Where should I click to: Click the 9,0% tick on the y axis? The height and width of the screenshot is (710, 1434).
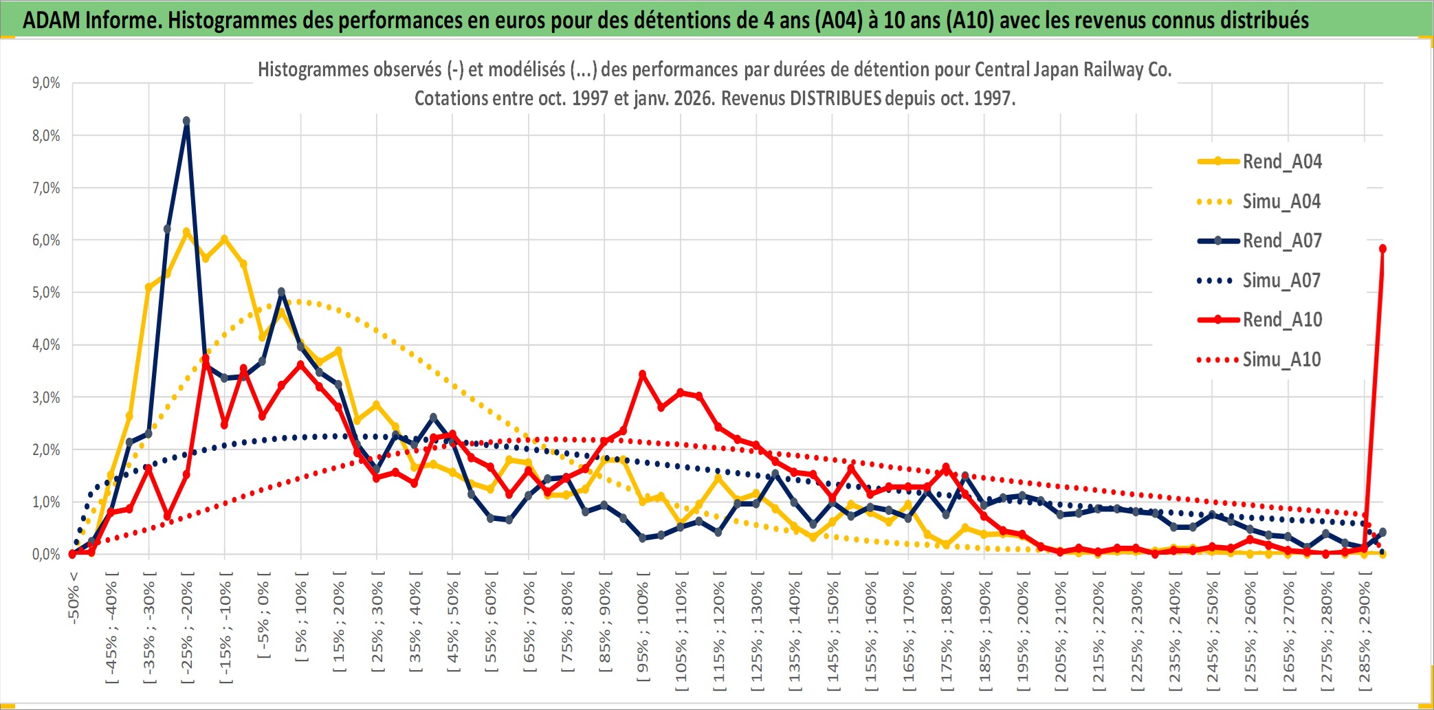[46, 83]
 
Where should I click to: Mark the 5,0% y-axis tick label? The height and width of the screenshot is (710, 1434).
[46, 293]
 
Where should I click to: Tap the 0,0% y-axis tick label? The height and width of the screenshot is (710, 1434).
[46, 555]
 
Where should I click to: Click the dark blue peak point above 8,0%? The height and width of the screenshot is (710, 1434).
[186, 121]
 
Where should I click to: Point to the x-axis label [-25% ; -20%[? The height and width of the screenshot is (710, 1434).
[187, 627]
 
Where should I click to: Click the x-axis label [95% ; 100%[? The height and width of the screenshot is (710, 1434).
[643, 631]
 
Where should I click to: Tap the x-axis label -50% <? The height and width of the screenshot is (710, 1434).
[74, 597]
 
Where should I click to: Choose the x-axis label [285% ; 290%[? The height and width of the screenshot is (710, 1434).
[1365, 634]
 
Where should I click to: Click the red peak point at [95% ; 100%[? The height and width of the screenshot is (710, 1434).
[642, 375]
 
